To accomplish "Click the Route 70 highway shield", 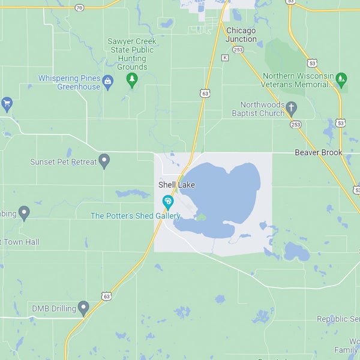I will click(80, 8).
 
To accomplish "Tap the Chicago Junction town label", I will click(241, 35).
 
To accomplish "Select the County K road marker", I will click(224, 58).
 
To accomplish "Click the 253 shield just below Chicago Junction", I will click(238, 50).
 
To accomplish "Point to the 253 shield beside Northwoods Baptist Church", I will click(295, 124).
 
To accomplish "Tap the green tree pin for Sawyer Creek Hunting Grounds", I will click(132, 81).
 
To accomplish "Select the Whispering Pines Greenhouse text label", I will click(70, 82).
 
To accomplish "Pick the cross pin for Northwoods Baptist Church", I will click(291, 109).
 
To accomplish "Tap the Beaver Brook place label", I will click(319, 152).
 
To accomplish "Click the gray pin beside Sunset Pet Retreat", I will click(104, 161).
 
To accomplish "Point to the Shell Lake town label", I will click(176, 185).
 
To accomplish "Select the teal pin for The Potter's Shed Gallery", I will click(168, 202).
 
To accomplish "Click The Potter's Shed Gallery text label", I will click(135, 216).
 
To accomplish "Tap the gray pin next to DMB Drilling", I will click(83, 308).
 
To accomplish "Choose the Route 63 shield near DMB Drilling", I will click(106, 296).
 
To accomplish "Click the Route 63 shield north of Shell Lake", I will click(205, 94).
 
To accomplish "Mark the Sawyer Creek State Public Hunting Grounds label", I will click(131, 54).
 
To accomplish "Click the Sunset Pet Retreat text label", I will click(63, 162).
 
